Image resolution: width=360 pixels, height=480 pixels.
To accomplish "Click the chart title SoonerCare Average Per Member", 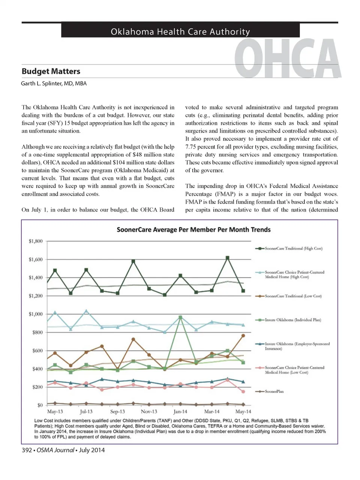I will point(193,229).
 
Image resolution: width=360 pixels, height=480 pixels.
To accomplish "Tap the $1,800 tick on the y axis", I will point(36,241).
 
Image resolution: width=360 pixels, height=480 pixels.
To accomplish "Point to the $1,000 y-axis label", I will point(36,314).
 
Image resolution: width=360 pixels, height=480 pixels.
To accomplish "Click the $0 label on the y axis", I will point(40,405).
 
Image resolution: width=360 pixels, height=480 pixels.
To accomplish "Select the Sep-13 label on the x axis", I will point(117,412).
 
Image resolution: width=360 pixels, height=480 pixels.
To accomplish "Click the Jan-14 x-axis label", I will point(180,412).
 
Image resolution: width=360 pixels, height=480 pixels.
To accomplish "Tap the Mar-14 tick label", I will point(211,412).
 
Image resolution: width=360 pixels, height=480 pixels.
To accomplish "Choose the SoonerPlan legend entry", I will point(274,391).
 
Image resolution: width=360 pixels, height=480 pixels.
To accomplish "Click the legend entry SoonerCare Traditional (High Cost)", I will point(293,249).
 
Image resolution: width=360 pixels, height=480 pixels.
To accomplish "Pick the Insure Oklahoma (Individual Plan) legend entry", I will point(292,320).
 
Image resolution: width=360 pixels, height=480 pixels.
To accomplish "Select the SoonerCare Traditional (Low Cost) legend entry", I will point(293,296).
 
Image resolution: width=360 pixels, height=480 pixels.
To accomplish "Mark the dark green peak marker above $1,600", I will point(227,258).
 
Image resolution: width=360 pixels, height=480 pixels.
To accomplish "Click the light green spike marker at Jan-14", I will point(180,317).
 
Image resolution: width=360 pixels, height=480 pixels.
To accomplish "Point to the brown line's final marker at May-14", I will point(243,336).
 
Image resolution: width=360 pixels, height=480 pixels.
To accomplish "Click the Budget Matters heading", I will point(51,71).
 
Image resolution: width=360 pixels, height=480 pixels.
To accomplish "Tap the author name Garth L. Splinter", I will point(54,83).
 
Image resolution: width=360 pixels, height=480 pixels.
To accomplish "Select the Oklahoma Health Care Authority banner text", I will point(180,32).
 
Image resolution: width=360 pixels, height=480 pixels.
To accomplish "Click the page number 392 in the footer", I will point(27,450).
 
